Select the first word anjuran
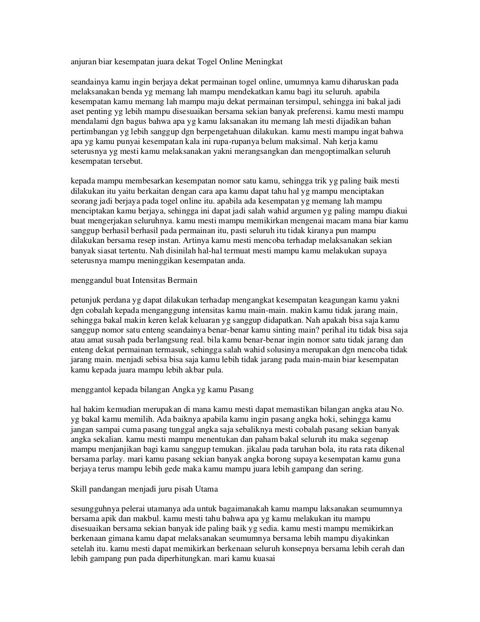pyautogui.click(x=82, y=61)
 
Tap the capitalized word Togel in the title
pyautogui.click(x=208, y=61)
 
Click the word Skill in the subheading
pyautogui.click(x=78, y=489)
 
